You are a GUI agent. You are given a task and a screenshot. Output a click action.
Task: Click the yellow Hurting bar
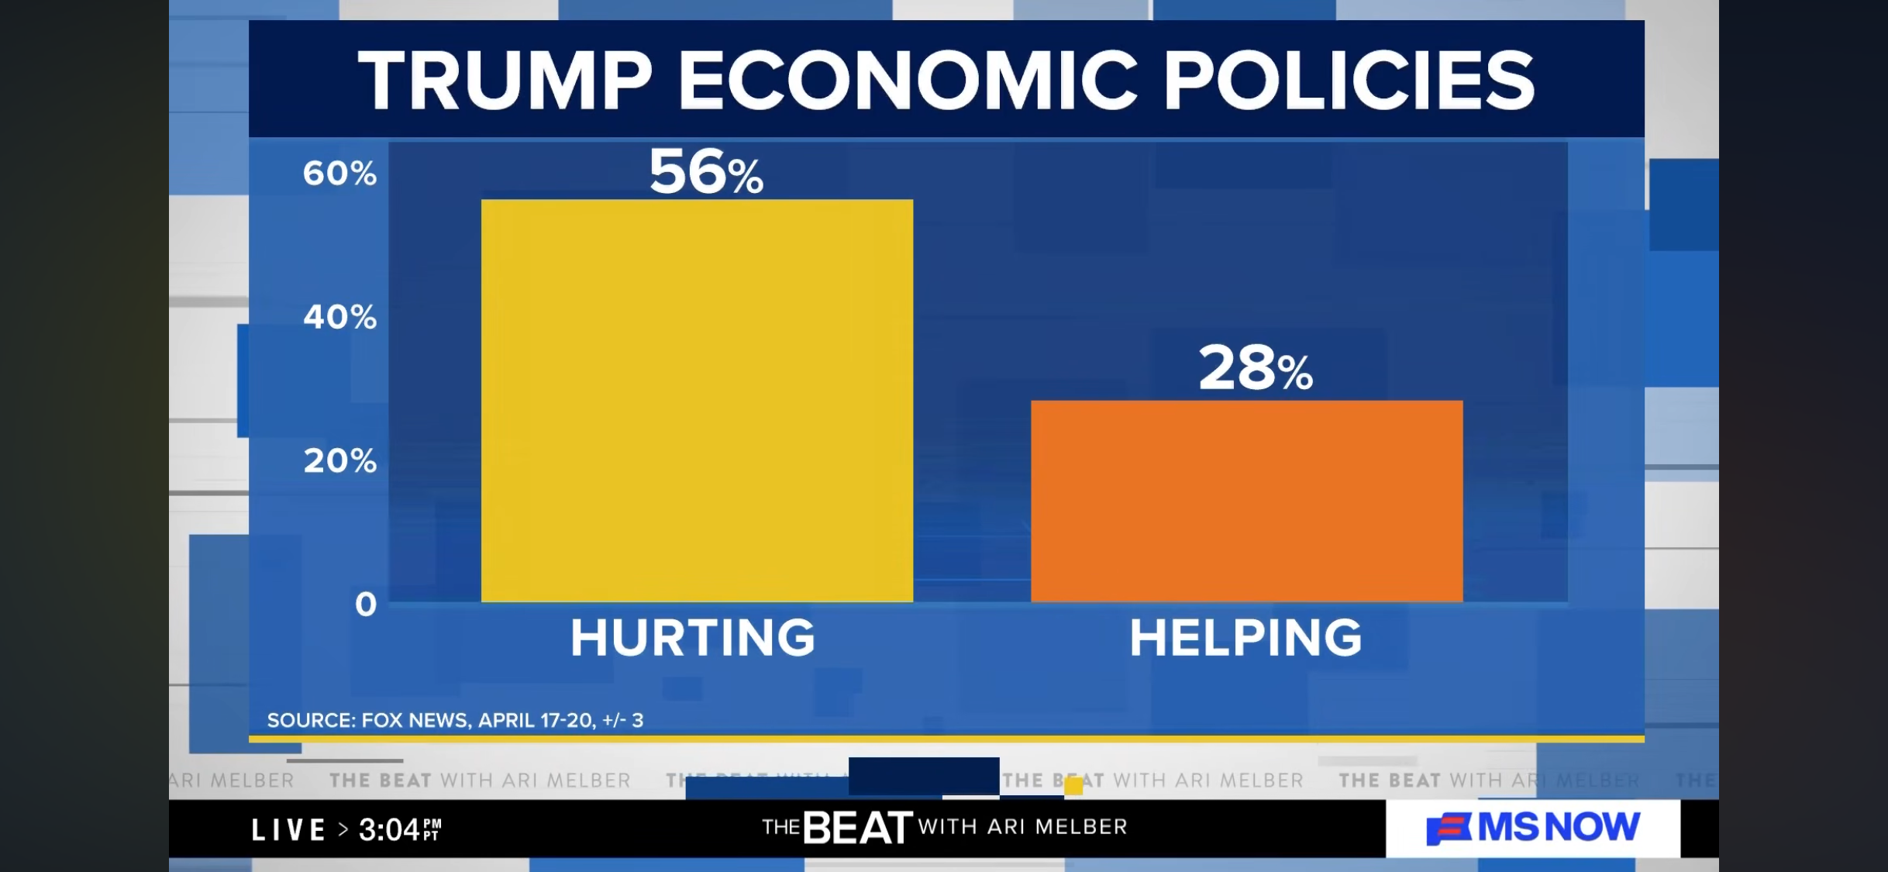[697, 400]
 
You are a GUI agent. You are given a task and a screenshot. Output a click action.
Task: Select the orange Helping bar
[1246, 501]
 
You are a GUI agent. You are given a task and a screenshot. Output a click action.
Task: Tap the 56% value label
[706, 172]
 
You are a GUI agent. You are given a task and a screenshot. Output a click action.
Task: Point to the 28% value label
[1256, 368]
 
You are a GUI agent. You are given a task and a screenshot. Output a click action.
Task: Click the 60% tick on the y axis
[339, 173]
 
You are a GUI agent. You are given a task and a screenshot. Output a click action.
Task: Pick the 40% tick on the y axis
[339, 317]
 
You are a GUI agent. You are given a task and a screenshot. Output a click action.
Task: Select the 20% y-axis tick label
[339, 461]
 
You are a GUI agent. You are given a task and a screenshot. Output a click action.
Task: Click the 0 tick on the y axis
[366, 604]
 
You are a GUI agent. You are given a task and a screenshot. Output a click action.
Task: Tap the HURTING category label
[693, 638]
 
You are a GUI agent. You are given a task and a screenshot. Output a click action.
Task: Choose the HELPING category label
[1245, 638]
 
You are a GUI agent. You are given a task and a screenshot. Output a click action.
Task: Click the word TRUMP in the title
[505, 81]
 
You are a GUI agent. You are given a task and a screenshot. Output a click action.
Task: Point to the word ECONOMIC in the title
[908, 81]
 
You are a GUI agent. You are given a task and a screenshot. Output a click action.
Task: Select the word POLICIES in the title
[1349, 81]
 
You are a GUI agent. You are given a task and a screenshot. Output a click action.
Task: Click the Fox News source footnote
[455, 720]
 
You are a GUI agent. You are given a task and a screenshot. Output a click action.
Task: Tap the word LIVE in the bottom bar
[288, 830]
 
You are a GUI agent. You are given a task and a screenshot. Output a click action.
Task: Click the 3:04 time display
[398, 830]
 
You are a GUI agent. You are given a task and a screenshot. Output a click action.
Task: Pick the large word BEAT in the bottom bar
[857, 828]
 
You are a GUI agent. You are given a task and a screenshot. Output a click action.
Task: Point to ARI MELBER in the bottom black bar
[1057, 827]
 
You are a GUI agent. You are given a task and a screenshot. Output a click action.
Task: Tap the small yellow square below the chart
[1073, 786]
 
